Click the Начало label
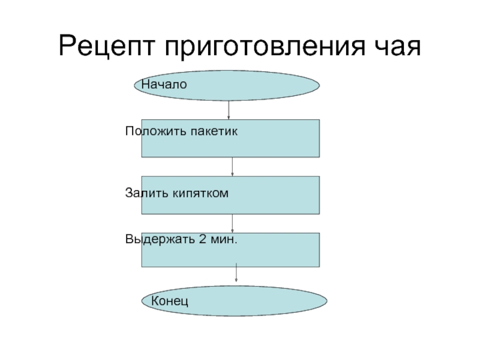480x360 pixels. (x=164, y=85)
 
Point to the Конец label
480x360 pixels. (x=169, y=299)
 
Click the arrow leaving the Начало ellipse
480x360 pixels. (x=229, y=110)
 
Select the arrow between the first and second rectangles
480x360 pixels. (x=232, y=167)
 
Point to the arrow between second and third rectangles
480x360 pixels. (x=232, y=224)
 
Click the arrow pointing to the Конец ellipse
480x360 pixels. (x=236, y=274)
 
